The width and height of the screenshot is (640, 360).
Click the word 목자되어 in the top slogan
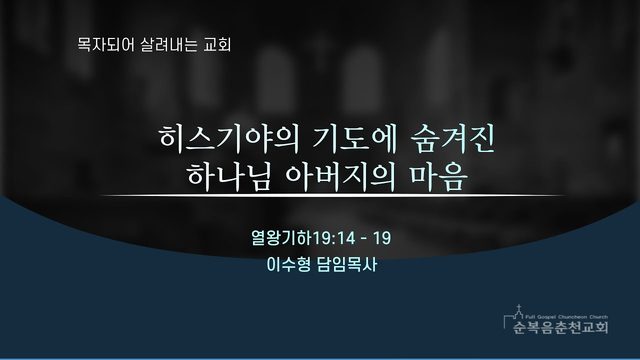click(106, 44)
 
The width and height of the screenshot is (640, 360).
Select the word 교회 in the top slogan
click(217, 44)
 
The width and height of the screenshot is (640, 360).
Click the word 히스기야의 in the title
click(229, 139)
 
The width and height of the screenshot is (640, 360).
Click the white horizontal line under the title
click(333, 196)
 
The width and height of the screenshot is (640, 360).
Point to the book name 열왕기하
click(281, 238)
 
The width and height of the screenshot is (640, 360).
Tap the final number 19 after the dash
click(382, 238)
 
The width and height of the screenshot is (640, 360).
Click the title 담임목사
click(347, 264)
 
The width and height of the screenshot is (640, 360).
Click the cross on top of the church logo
click(518, 307)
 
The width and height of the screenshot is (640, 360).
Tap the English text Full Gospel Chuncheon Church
click(567, 317)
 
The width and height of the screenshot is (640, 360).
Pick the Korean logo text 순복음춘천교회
click(561, 327)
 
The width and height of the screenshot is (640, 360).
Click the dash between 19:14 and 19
click(364, 238)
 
